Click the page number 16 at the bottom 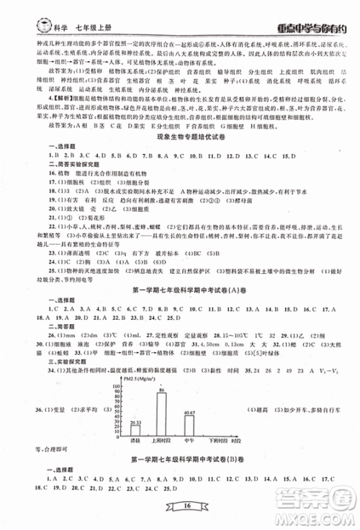point(179,507)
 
